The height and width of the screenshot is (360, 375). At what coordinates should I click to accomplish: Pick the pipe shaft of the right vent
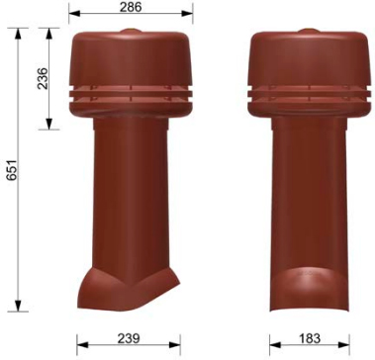309,198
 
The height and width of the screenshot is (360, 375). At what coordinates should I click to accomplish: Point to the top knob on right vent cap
309,35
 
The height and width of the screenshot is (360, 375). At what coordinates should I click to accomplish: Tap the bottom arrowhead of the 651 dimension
19,309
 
